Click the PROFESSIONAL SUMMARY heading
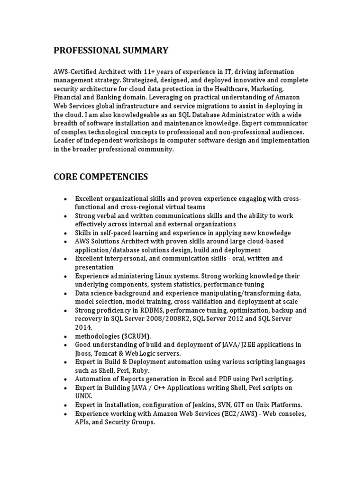(x=110, y=50)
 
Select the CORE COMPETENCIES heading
(x=100, y=177)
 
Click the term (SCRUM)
(x=128, y=336)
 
